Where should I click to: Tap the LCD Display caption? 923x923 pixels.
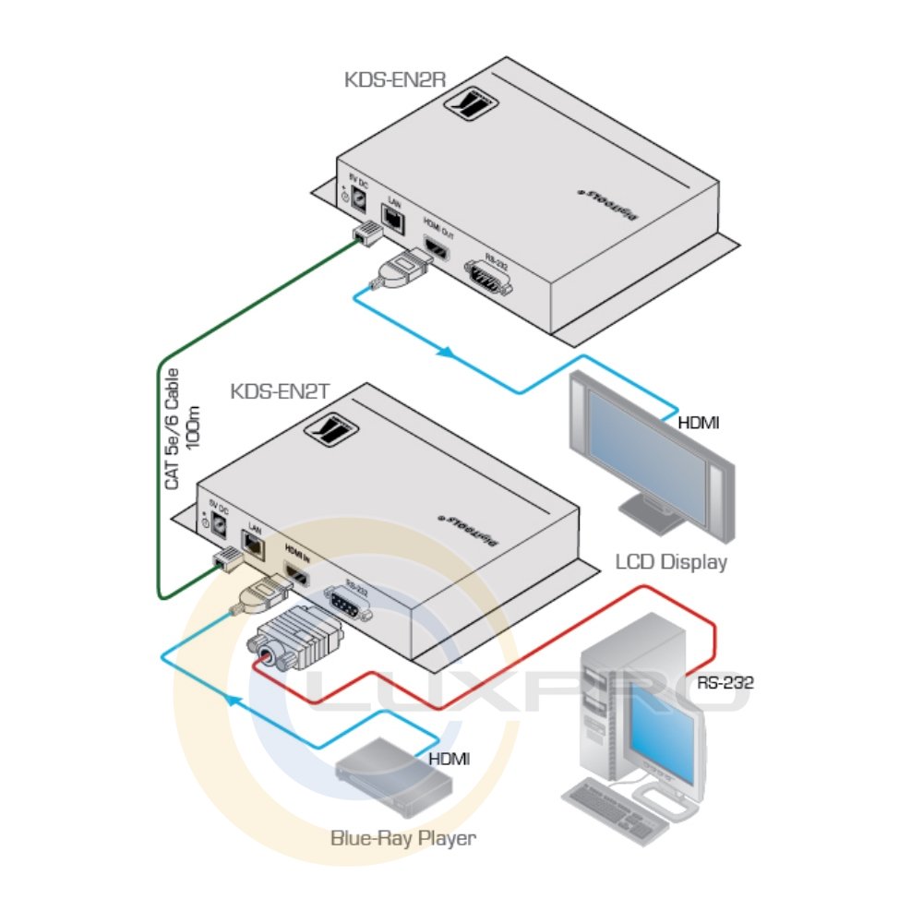pos(671,561)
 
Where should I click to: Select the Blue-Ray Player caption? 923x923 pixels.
pos(403,839)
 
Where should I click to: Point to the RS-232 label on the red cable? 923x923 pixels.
pos(725,684)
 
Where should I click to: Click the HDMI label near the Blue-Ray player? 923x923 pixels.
pos(450,759)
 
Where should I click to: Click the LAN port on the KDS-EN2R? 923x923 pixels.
pos(394,218)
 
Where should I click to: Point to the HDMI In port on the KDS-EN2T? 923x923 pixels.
pos(297,575)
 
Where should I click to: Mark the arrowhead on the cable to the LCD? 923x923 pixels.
pos(446,353)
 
